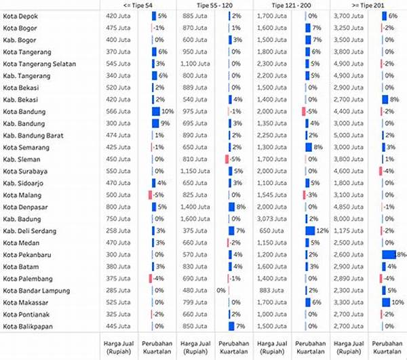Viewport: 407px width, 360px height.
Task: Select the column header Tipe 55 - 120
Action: [214, 4]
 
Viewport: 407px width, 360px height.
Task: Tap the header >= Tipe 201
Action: [368, 4]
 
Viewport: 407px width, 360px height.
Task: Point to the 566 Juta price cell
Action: [118, 111]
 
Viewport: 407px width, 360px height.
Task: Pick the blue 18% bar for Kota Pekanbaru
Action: [389, 254]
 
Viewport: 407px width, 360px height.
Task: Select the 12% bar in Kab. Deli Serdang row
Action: [310, 231]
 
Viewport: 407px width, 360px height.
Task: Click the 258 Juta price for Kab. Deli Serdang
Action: [118, 231]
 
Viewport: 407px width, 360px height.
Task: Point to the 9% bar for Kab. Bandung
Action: [156, 123]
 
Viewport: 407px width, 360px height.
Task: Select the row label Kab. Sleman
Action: [22, 159]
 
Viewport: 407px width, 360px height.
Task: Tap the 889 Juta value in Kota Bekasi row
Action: [195, 87]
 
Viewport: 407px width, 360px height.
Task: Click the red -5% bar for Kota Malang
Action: [151, 195]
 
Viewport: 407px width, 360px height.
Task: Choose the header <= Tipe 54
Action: [137, 4]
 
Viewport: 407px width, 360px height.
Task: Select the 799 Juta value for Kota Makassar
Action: [195, 302]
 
